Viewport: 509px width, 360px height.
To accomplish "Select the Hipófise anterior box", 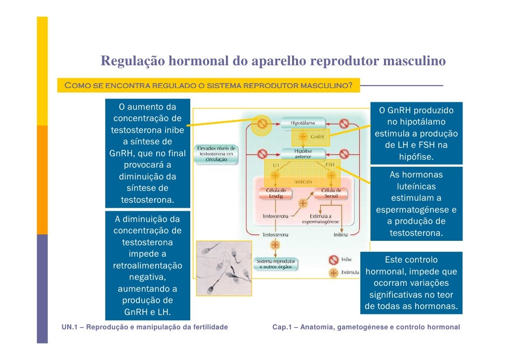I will click(x=303, y=153).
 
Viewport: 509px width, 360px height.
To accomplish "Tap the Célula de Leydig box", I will click(x=276, y=193).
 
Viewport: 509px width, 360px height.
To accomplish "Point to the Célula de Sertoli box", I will click(x=331, y=193).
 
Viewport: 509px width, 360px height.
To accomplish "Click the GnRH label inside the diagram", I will click(x=317, y=136).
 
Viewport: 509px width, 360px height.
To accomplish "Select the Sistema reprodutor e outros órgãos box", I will click(x=276, y=264).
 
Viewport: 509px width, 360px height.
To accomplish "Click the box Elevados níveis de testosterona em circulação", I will click(x=216, y=154).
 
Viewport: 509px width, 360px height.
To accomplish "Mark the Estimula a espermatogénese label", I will click(x=320, y=219).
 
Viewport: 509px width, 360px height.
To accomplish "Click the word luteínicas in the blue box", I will click(x=416, y=186).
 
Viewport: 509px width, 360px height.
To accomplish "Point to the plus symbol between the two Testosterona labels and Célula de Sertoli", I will click(x=303, y=203).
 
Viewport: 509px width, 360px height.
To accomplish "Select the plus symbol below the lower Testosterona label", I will click(x=275, y=245).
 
